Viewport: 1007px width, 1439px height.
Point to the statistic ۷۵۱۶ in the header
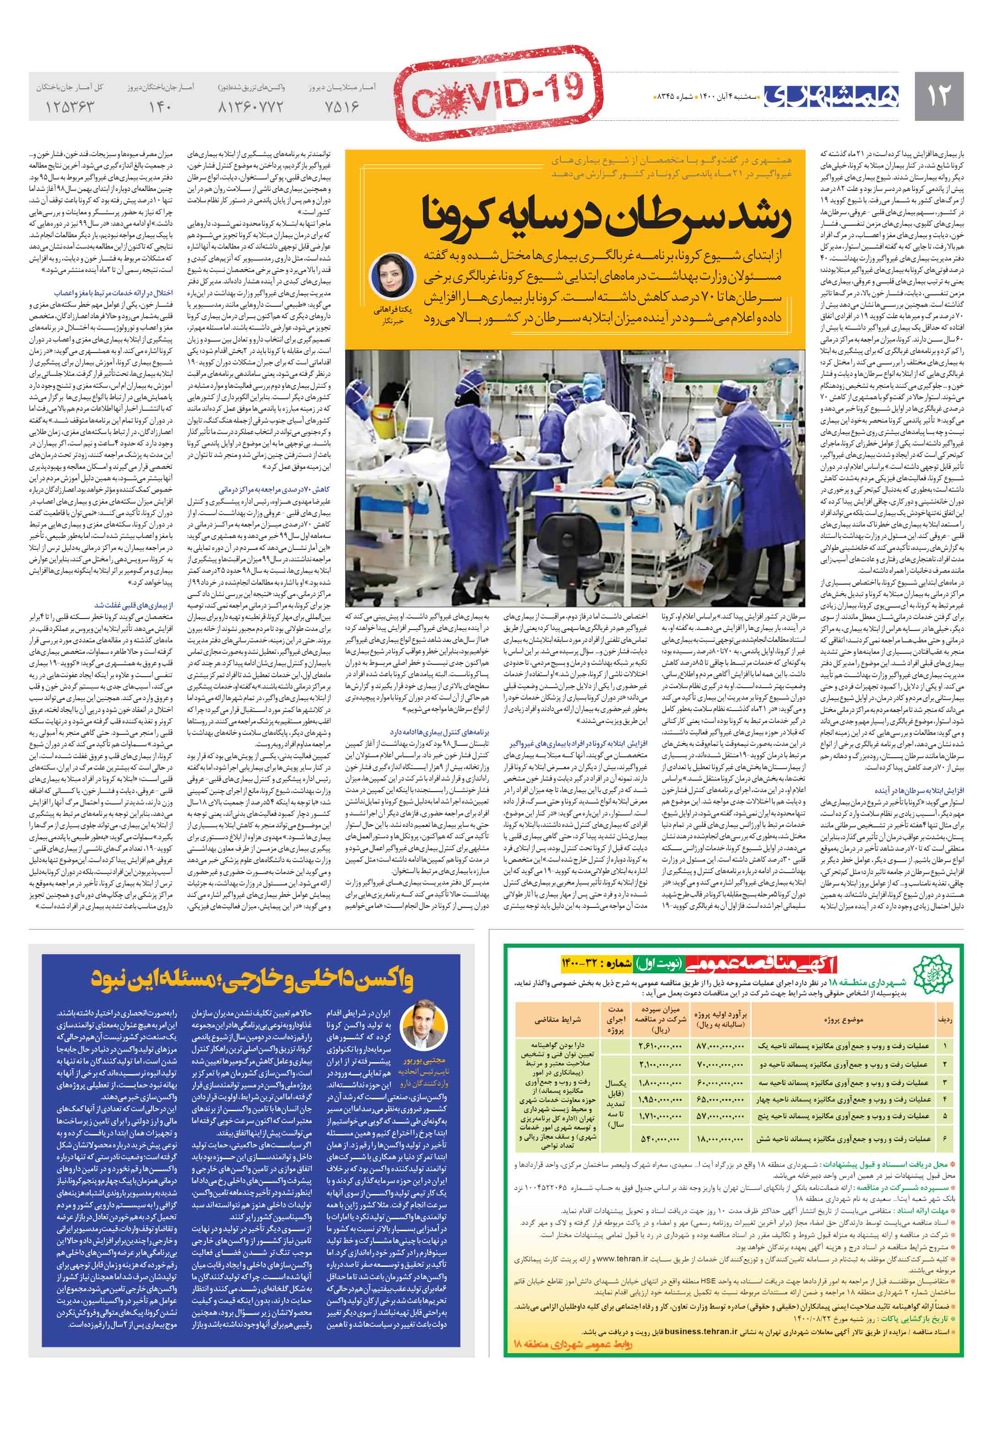342,107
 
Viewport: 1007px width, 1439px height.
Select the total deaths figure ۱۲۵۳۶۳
70,107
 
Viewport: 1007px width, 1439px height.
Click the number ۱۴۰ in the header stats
160,107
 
